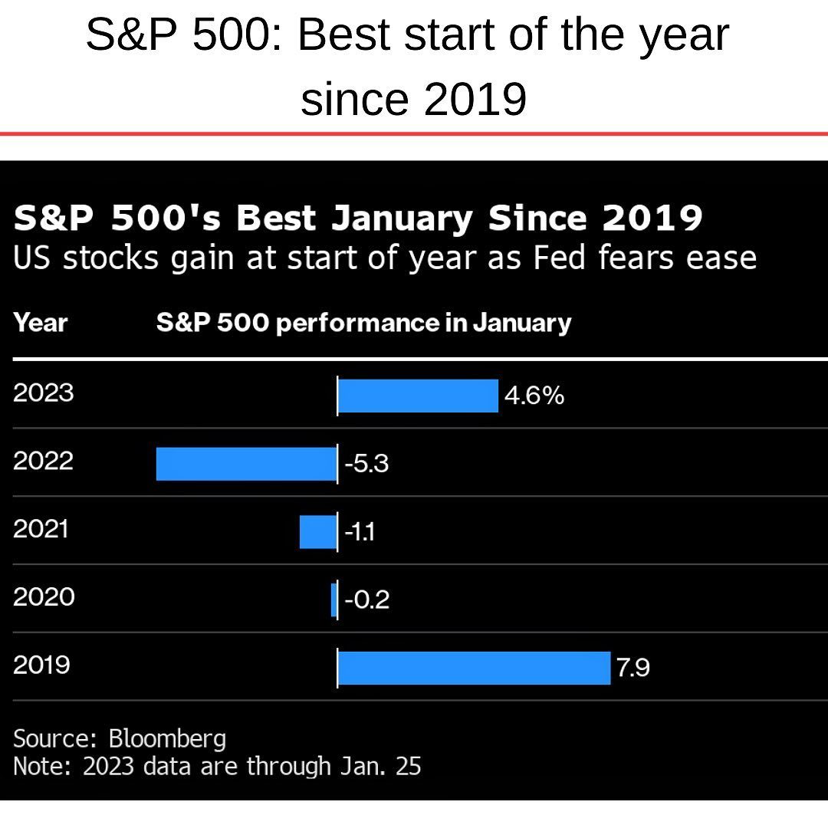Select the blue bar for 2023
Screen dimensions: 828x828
[x=418, y=396]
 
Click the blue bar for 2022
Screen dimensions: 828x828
[x=246, y=464]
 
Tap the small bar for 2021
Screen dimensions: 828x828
[x=317, y=532]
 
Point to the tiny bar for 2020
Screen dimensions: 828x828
[x=333, y=600]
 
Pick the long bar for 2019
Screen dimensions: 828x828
[x=474, y=668]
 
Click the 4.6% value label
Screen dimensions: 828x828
[x=534, y=396]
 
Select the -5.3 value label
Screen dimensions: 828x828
[x=366, y=464]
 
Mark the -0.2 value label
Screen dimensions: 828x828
[x=367, y=600]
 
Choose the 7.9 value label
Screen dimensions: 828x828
[x=632, y=668]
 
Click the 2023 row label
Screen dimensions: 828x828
[x=44, y=393]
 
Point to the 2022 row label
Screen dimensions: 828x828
[x=44, y=461]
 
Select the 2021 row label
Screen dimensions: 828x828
[x=41, y=529]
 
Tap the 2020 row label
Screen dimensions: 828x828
[x=44, y=596]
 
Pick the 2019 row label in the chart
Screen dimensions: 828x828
[x=41, y=665]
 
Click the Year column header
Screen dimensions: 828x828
[x=41, y=323]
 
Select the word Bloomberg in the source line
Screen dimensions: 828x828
[x=167, y=739]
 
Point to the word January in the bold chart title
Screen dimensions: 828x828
[x=402, y=219]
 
